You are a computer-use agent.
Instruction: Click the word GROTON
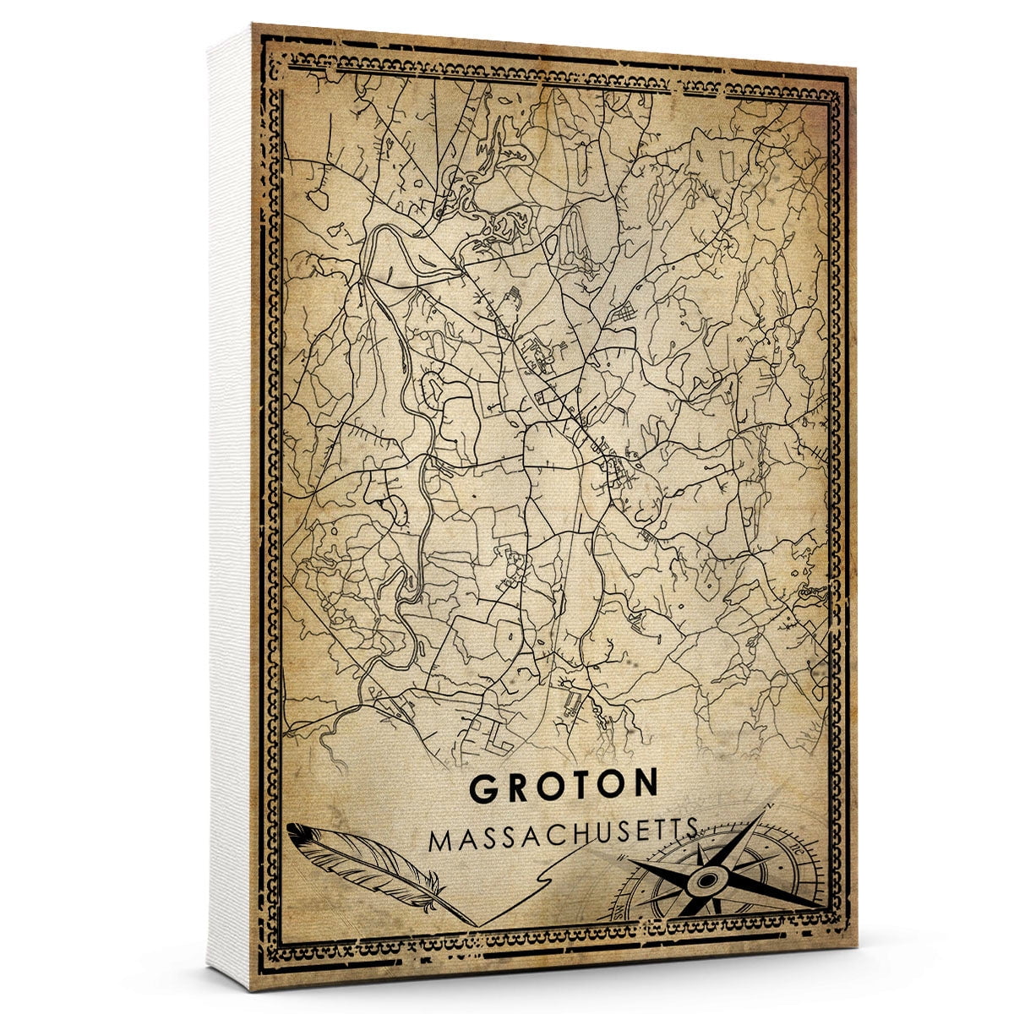564,787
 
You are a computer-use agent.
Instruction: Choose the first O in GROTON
548,788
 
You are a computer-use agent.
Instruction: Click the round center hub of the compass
703,882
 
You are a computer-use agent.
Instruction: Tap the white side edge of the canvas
229,507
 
